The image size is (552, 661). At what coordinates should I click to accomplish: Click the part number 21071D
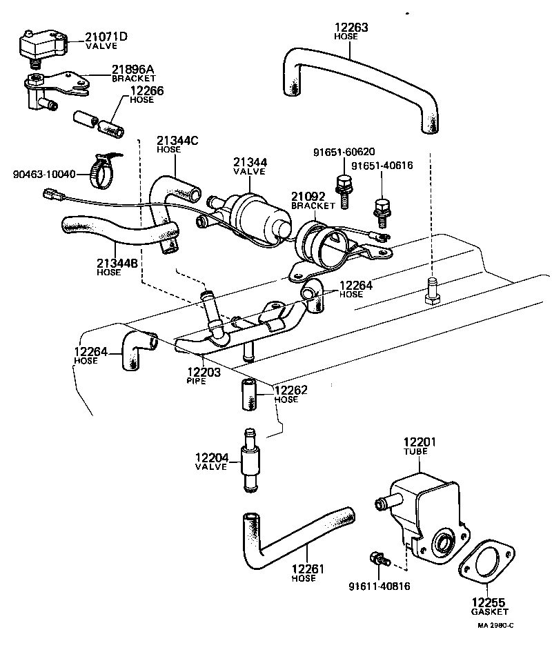coord(106,37)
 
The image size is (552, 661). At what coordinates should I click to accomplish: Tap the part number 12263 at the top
coord(351,28)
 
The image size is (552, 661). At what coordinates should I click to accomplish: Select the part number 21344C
coord(177,141)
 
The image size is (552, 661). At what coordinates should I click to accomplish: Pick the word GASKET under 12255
coord(491,611)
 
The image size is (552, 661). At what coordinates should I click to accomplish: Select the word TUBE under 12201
coord(416,451)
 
